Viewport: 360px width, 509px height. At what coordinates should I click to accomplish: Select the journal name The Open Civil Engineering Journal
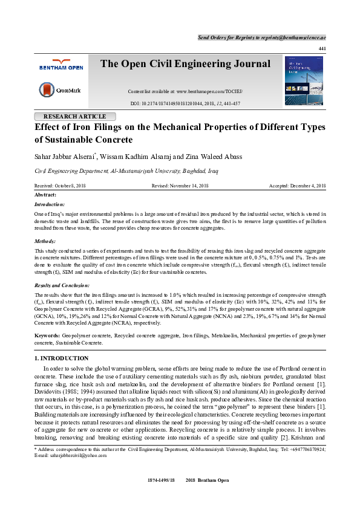click(185, 64)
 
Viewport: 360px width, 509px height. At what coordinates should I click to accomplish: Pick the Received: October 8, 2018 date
click(60, 186)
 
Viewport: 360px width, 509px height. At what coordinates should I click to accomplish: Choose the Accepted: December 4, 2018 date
click(297, 186)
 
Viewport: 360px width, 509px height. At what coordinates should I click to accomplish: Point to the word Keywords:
click(47, 334)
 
